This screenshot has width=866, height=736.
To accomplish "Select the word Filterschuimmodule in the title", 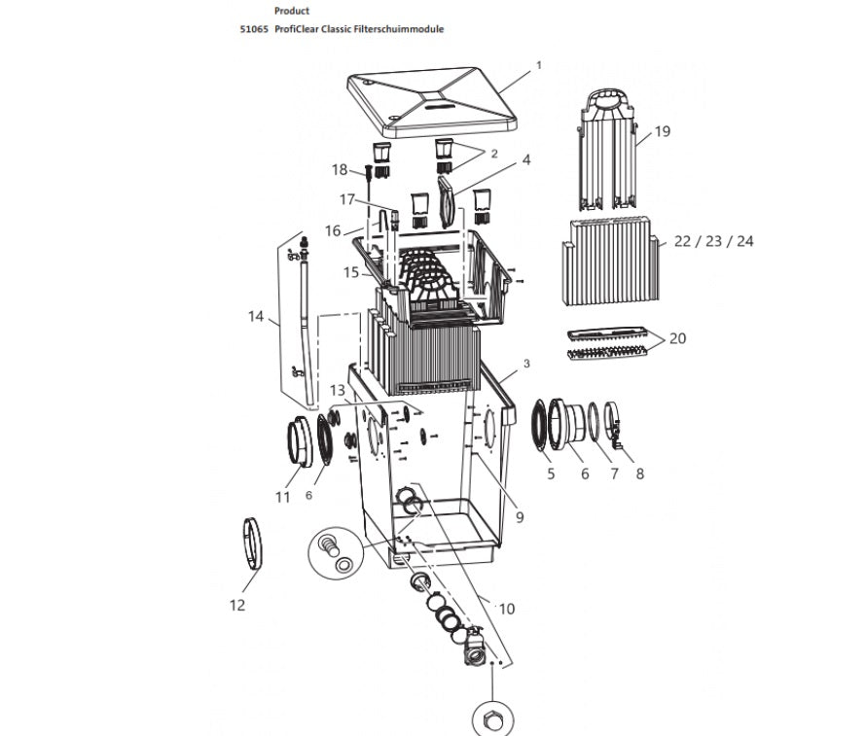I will [400, 29].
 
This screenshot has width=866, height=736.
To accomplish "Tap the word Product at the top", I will [292, 11].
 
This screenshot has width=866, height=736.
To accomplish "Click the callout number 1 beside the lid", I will [537, 65].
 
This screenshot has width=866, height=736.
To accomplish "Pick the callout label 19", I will [662, 130].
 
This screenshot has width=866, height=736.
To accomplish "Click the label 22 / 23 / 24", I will [714, 241].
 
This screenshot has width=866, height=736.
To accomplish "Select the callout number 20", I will [677, 338].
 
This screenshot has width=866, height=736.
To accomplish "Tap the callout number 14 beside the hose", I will [256, 316].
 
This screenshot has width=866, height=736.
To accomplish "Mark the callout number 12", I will [237, 606].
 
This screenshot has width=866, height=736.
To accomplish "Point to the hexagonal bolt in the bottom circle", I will [489, 721].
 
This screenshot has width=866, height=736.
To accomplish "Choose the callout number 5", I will [550, 474].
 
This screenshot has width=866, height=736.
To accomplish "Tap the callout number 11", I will [282, 497].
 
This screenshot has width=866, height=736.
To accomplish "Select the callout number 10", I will [505, 609].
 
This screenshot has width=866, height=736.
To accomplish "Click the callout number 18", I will [339, 170].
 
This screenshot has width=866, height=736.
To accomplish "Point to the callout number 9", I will [520, 517].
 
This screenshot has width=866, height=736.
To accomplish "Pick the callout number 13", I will [337, 390].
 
